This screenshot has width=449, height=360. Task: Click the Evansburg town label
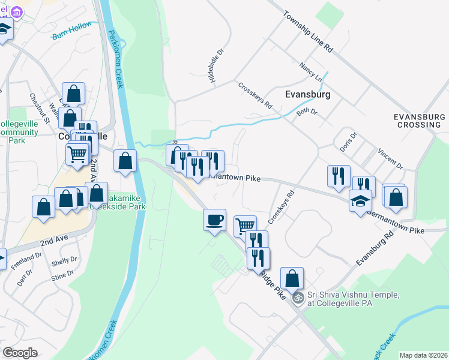point(308,95)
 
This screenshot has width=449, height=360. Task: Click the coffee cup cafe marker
point(214,220)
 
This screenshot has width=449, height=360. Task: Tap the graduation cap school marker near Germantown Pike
point(360,200)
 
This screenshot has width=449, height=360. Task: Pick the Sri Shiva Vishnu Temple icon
point(297,298)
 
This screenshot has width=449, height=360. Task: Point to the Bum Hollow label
point(73,28)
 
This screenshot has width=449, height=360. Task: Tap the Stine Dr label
point(62,275)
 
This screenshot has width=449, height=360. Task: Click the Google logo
point(20,352)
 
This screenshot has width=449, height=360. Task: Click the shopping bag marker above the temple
point(292,278)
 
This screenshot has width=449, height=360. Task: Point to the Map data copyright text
point(422,355)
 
